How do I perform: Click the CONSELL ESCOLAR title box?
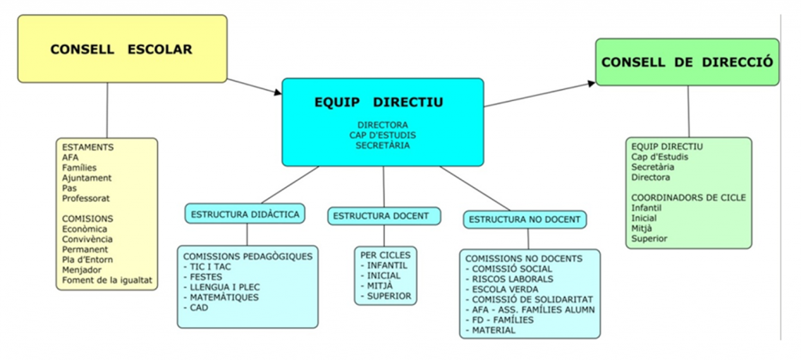coord(121,49)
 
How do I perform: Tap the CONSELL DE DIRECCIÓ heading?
coord(687,62)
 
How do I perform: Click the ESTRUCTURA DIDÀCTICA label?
coord(245,213)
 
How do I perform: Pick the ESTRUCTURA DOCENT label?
coord(383,215)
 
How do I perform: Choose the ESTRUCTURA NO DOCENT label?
coord(525,219)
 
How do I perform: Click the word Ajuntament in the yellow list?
coord(87,178)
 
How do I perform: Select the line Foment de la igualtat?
coord(106,280)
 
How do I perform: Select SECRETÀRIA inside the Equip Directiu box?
coord(383,146)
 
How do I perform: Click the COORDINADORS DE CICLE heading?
coord(688,197)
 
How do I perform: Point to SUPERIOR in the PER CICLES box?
coord(389,297)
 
